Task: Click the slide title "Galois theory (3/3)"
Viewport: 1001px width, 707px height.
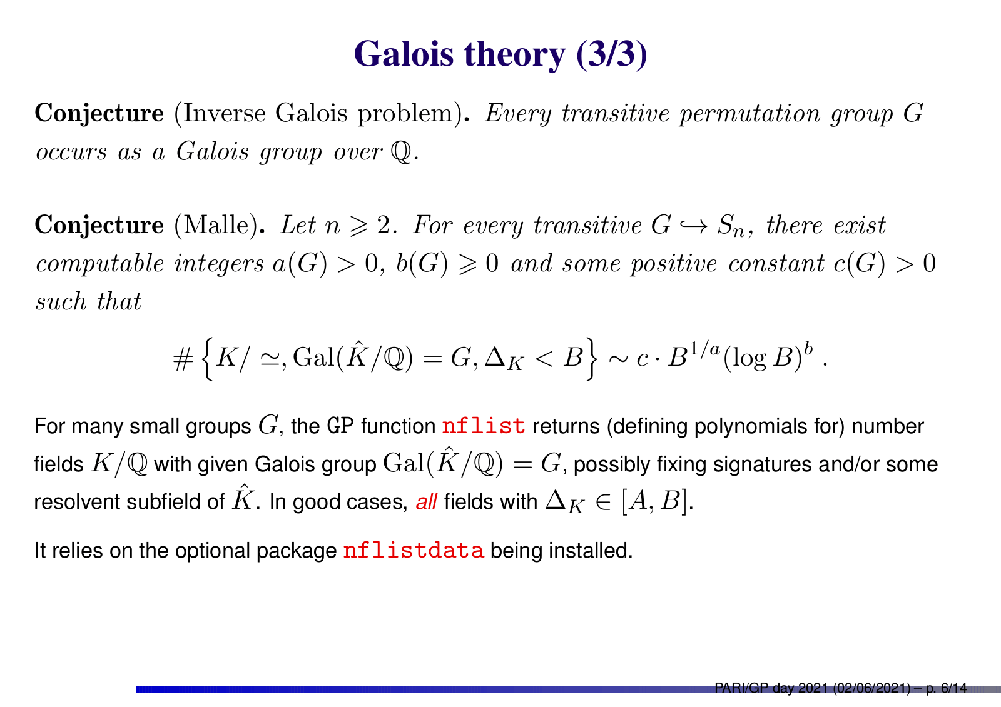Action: click(500, 54)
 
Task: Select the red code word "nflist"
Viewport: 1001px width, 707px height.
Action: click(484, 426)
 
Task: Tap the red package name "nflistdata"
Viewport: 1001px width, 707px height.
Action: click(414, 550)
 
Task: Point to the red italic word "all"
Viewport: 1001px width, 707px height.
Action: click(426, 501)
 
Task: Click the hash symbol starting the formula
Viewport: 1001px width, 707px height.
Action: click(183, 359)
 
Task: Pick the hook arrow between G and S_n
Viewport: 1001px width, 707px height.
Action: click(694, 226)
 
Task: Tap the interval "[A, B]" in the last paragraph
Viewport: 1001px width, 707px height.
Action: click(653, 501)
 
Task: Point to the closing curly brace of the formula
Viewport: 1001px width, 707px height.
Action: click(591, 359)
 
